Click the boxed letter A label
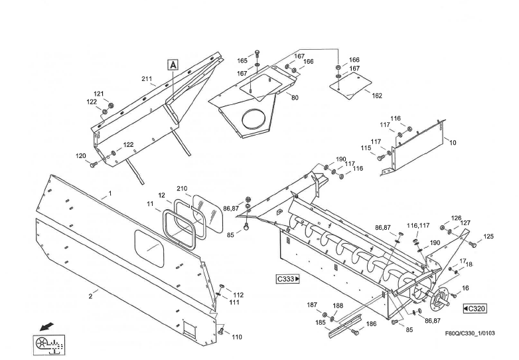click(x=173, y=65)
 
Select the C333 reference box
click(x=288, y=279)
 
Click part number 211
click(x=147, y=79)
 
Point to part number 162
click(x=377, y=96)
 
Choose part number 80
click(x=295, y=98)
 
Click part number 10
click(x=453, y=143)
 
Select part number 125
click(x=488, y=236)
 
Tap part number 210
click(x=182, y=189)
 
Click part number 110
click(x=237, y=337)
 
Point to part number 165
click(x=243, y=60)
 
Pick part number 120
click(x=81, y=157)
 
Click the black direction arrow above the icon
click(x=46, y=326)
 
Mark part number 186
click(x=372, y=323)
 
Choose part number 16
click(x=465, y=288)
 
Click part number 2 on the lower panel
click(x=91, y=296)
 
